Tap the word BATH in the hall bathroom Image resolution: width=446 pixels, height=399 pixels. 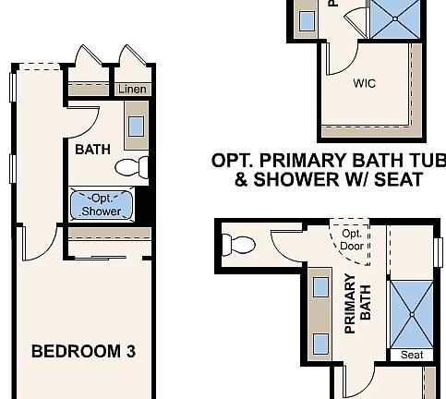(92, 149)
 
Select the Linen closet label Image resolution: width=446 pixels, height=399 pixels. (132, 90)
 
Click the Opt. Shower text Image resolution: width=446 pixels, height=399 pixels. (101, 204)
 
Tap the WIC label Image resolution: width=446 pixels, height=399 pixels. (364, 83)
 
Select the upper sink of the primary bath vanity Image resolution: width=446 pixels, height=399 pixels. (320, 287)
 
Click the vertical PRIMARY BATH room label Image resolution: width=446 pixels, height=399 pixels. (357, 302)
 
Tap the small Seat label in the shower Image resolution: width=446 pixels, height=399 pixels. (411, 355)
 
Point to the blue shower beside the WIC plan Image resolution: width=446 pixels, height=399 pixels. (395, 18)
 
